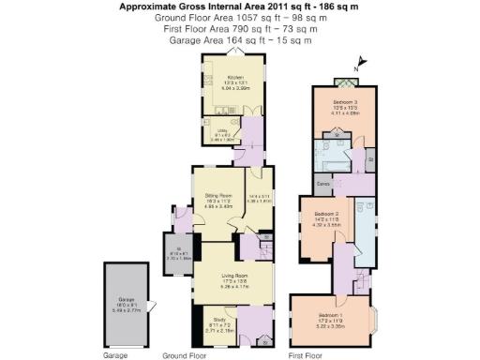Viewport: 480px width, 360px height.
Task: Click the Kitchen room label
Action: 234,76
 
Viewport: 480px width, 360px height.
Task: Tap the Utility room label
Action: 222,130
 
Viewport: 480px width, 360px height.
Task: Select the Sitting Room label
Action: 218,195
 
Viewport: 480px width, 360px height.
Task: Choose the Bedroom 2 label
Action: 322,214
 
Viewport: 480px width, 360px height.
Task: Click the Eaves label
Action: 322,183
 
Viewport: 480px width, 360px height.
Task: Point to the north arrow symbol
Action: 364,64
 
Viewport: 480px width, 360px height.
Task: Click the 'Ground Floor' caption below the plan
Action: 184,356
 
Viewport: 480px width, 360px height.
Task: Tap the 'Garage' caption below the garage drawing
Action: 114,356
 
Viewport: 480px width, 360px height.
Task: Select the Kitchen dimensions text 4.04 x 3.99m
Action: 234,87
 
